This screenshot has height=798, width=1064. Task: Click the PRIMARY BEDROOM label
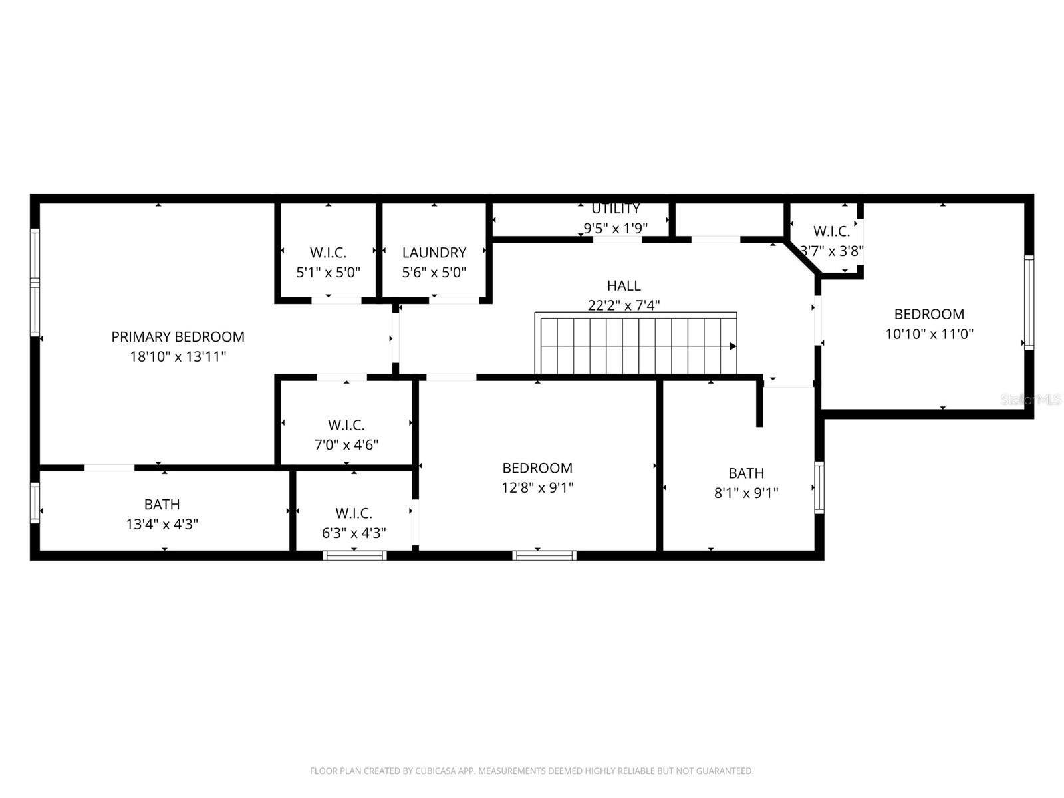[178, 337]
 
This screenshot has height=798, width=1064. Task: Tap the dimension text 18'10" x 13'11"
[178, 357]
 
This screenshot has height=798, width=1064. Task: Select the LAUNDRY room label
[434, 253]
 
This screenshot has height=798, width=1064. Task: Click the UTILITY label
[615, 209]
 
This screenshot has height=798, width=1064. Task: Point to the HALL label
[624, 286]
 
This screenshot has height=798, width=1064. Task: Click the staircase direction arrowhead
[733, 346]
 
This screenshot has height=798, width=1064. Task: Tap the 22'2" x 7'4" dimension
[624, 305]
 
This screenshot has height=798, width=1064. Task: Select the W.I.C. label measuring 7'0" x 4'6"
[346, 425]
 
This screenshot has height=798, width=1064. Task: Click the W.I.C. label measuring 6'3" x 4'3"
[353, 513]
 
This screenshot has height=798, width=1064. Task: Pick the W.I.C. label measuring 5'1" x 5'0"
[328, 253]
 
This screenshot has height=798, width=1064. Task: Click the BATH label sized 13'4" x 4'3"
[162, 505]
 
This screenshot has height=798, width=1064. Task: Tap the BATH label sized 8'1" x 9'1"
[745, 473]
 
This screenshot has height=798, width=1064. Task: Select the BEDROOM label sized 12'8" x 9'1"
[537, 468]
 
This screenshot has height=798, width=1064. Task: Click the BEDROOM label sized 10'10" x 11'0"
[928, 314]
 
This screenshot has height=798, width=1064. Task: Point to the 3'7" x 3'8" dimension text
[831, 251]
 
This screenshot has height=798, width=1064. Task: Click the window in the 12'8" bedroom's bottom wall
[544, 555]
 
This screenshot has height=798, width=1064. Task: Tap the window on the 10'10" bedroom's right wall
[1029, 303]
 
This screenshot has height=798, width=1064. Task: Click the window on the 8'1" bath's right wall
[819, 487]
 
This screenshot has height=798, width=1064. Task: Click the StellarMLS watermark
[1031, 400]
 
